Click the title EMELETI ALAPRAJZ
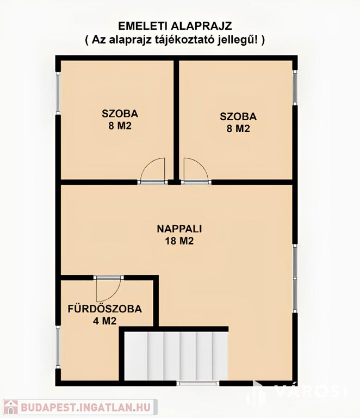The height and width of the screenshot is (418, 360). click(175, 26)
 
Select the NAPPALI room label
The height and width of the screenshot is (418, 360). click(179, 229)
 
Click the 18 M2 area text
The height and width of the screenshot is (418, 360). click(179, 241)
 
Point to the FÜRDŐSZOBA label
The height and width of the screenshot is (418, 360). click(104, 309)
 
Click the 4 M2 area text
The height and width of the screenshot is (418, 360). click(104, 321)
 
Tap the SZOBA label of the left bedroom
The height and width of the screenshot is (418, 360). click(120, 114)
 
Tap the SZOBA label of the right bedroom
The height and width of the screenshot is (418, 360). click(238, 116)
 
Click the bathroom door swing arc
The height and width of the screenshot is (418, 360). click(108, 290)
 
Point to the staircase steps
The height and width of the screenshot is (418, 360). click(176, 356)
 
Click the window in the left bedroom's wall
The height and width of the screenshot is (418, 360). click(58, 93)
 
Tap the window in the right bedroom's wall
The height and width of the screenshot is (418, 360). click(295, 88)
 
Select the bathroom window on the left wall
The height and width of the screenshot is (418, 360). click(58, 347)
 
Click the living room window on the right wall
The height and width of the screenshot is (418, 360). click(295, 278)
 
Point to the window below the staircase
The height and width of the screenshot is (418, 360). click(198, 383)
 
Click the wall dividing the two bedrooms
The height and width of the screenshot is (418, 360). click(176, 120)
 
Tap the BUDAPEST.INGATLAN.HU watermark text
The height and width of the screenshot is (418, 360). click(86, 407)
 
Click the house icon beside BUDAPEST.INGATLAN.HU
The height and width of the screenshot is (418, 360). click(10, 407)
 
